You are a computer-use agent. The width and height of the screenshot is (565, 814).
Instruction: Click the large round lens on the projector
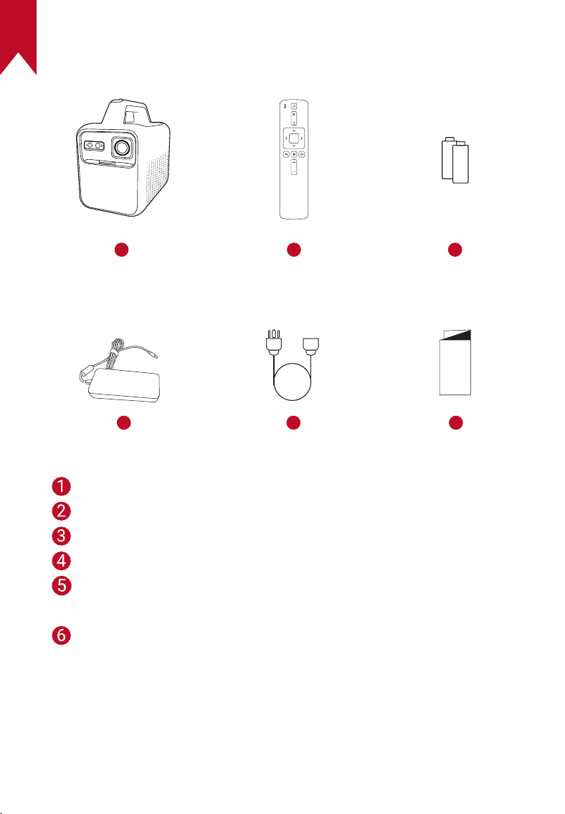tap(123, 148)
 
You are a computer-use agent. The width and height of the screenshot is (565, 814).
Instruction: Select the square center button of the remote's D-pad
tap(294, 138)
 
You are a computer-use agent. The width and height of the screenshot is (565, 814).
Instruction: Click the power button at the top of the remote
tap(294, 106)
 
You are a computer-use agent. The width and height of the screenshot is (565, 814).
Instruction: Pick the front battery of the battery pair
tap(461, 163)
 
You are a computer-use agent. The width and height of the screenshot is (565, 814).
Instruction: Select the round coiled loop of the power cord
tap(293, 399)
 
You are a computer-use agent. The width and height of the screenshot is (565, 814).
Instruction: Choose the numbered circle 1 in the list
tap(61, 486)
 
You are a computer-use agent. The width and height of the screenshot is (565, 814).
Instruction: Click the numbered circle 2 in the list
tap(61, 511)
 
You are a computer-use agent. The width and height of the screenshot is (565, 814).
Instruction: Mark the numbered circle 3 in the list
tap(61, 536)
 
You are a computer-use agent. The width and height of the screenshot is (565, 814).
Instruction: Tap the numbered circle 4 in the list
tap(61, 561)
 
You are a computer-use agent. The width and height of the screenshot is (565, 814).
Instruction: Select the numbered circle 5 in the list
tap(61, 586)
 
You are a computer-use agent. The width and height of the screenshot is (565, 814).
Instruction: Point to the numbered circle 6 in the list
tap(61, 635)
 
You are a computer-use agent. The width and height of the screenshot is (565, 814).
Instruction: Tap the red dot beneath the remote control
tap(294, 250)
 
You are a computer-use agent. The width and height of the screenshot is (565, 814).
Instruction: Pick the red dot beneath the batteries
tap(455, 250)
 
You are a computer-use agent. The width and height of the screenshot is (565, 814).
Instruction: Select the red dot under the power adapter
tap(123, 422)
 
